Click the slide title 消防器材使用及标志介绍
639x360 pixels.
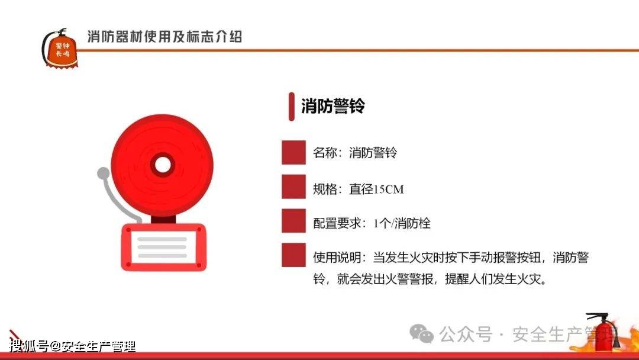coord(164,37)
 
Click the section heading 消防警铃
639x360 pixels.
coord(333,106)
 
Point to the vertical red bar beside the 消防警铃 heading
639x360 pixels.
coord(291,107)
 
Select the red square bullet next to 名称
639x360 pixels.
coord(293,153)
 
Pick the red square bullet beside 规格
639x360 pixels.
coord(293,187)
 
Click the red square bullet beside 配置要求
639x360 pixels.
coord(293,221)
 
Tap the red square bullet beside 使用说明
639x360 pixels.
coord(293,255)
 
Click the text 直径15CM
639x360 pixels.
coord(376,189)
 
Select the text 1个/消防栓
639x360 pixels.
coord(402,223)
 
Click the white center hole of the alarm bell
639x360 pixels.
coord(163,165)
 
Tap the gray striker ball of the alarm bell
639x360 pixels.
coord(104,173)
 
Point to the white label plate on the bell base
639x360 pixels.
coord(162,247)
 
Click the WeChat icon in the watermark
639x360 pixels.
coord(421,334)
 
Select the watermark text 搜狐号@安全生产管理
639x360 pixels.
coord(72,346)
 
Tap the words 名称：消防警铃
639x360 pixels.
coord(355,153)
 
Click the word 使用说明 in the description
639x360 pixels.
coord(337,258)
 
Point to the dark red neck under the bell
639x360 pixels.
coord(163,219)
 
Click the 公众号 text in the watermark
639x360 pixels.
coord(466,335)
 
